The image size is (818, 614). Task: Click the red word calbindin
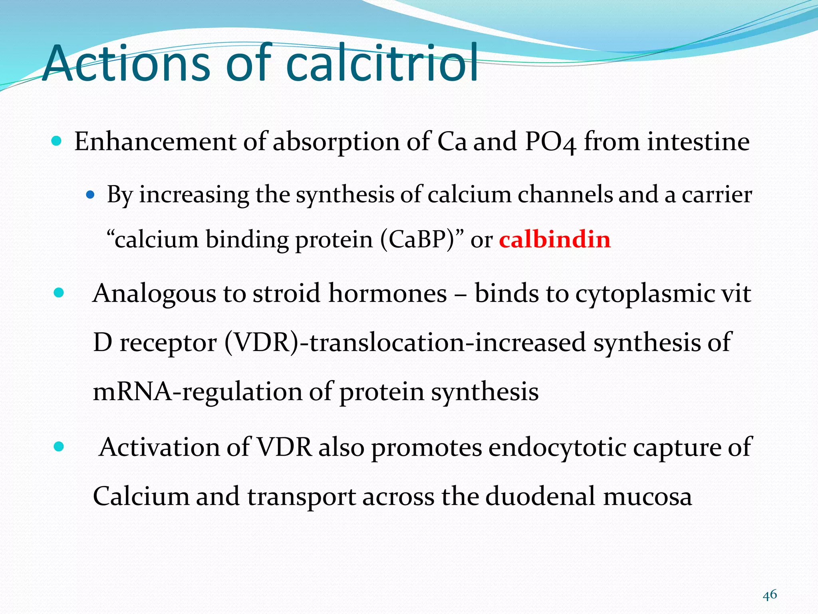[x=555, y=240]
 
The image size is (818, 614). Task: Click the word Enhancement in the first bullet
[x=155, y=142]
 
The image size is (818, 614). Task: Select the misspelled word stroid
[x=286, y=294]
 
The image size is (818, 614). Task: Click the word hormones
[x=387, y=294]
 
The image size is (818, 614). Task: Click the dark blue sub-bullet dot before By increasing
[x=90, y=195]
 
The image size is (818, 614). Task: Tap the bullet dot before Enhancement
[x=57, y=141]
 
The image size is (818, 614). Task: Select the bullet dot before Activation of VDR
[x=59, y=447]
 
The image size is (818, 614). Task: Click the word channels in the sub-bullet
[x=565, y=195]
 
